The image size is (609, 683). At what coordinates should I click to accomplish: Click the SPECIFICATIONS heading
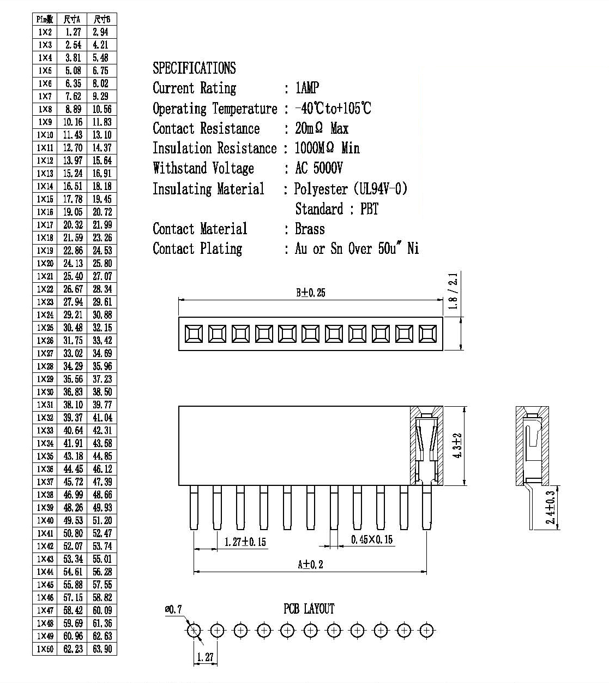click(194, 68)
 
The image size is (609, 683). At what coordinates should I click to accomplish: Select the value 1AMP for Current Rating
click(307, 88)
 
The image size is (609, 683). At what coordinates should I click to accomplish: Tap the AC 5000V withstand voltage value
click(319, 168)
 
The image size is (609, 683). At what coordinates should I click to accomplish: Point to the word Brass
click(310, 229)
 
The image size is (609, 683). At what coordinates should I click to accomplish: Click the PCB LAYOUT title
click(309, 609)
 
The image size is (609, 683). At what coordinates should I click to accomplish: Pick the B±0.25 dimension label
click(311, 293)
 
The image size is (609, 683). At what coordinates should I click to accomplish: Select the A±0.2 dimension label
click(310, 565)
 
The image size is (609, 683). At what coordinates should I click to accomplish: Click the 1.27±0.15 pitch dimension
click(245, 542)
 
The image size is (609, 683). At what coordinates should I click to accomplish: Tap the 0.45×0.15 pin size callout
click(372, 539)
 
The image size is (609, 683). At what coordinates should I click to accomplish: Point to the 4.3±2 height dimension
click(457, 446)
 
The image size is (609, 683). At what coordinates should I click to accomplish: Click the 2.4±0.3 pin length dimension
click(550, 507)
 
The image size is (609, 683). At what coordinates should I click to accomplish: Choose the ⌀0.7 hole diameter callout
click(173, 609)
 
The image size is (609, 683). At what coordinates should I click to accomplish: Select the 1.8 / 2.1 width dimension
click(453, 291)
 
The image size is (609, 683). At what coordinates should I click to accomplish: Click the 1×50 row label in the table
click(45, 649)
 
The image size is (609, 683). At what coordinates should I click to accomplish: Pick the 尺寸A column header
click(72, 19)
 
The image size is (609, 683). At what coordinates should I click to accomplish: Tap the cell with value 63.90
click(102, 649)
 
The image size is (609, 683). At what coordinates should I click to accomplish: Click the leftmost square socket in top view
click(194, 334)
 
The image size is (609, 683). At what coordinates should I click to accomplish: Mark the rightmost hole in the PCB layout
click(427, 630)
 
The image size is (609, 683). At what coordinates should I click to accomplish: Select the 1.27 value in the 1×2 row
click(73, 32)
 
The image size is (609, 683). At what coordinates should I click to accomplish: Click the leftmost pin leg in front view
click(194, 507)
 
